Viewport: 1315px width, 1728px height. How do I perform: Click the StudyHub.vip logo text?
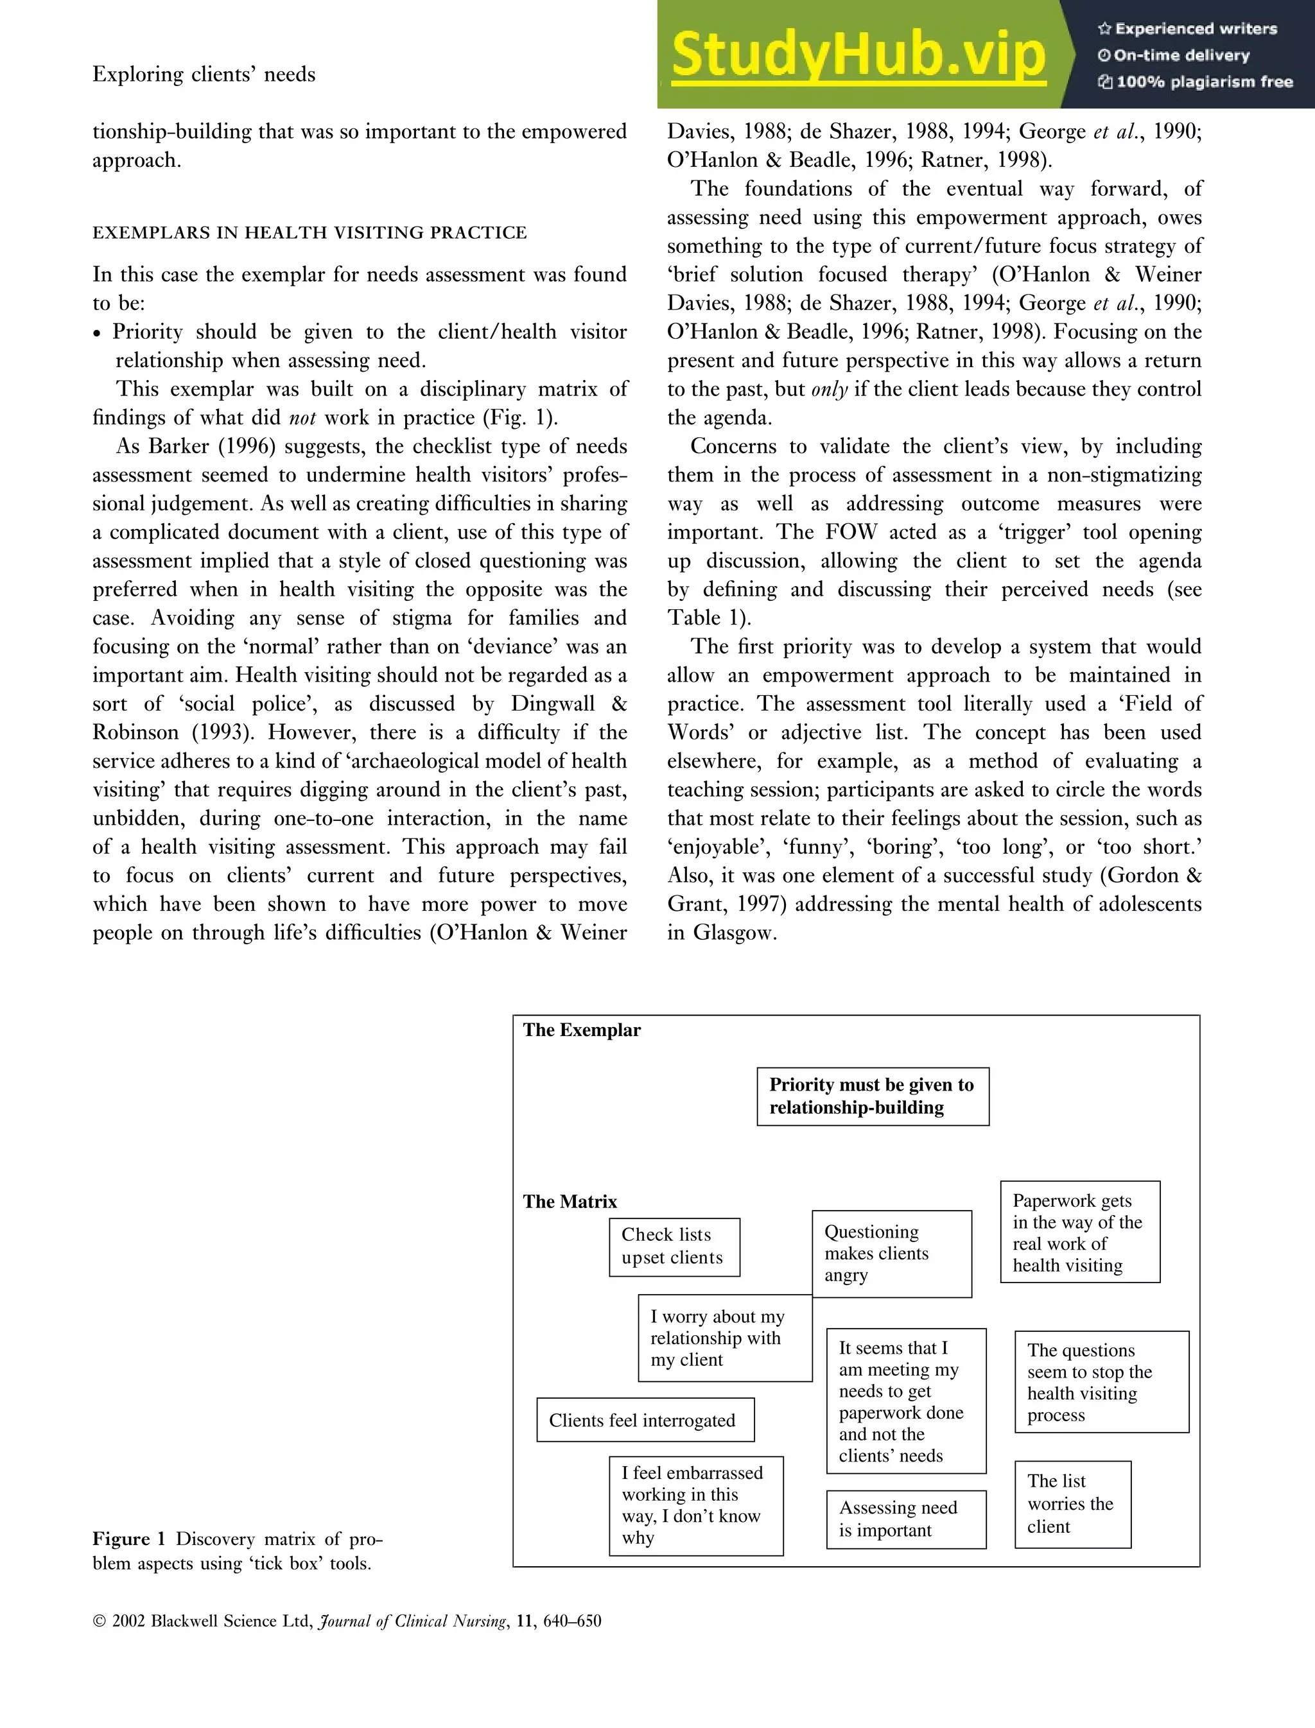[858, 55]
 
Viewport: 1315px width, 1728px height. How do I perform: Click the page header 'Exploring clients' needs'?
[204, 74]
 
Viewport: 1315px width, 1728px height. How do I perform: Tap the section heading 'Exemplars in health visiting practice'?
[309, 232]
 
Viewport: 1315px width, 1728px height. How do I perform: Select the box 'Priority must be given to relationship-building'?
[872, 1096]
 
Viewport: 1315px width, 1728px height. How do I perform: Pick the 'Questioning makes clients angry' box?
[891, 1253]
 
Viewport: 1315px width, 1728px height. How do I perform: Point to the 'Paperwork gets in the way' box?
[1079, 1232]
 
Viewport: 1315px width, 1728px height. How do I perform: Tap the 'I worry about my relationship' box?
[724, 1338]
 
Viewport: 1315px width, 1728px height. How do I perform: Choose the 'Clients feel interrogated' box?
[644, 1420]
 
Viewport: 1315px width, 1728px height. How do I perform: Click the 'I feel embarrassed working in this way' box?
[695, 1505]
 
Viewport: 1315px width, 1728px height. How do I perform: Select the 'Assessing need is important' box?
[905, 1518]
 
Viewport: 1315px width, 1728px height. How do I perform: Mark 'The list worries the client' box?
[1072, 1503]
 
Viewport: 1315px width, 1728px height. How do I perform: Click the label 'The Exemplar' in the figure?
[582, 1030]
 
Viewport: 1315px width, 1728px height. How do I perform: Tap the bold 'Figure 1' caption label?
[129, 1539]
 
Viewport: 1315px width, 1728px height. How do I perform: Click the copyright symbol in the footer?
[100, 1621]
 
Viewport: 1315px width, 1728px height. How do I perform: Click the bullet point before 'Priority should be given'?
[97, 333]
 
